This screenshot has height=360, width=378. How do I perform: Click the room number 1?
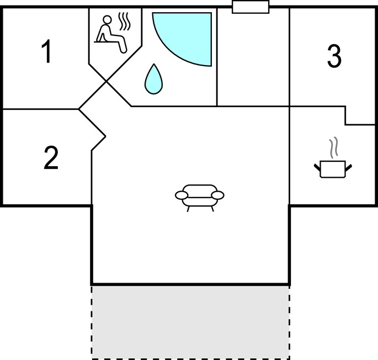click(46, 51)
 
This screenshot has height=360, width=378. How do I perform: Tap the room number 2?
click(51, 157)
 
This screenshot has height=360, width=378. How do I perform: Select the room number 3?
click(334, 56)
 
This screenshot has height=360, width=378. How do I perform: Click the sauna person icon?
click(111, 34)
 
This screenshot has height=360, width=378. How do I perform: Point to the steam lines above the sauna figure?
click(124, 22)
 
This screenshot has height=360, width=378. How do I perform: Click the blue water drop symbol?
click(153, 79)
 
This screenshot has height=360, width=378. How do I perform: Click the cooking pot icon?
click(333, 169)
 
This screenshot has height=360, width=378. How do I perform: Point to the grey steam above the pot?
click(334, 147)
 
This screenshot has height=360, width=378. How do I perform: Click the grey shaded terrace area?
click(190, 322)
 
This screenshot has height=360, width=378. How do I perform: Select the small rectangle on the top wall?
click(251, 7)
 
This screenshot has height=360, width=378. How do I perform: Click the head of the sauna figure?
click(107, 19)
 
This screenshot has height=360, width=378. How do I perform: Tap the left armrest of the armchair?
click(182, 195)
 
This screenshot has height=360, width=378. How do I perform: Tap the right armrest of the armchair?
click(217, 195)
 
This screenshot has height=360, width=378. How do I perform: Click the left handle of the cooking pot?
click(317, 167)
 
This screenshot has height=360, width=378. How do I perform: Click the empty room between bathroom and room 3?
click(253, 58)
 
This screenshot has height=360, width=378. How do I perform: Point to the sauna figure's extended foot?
click(123, 50)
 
